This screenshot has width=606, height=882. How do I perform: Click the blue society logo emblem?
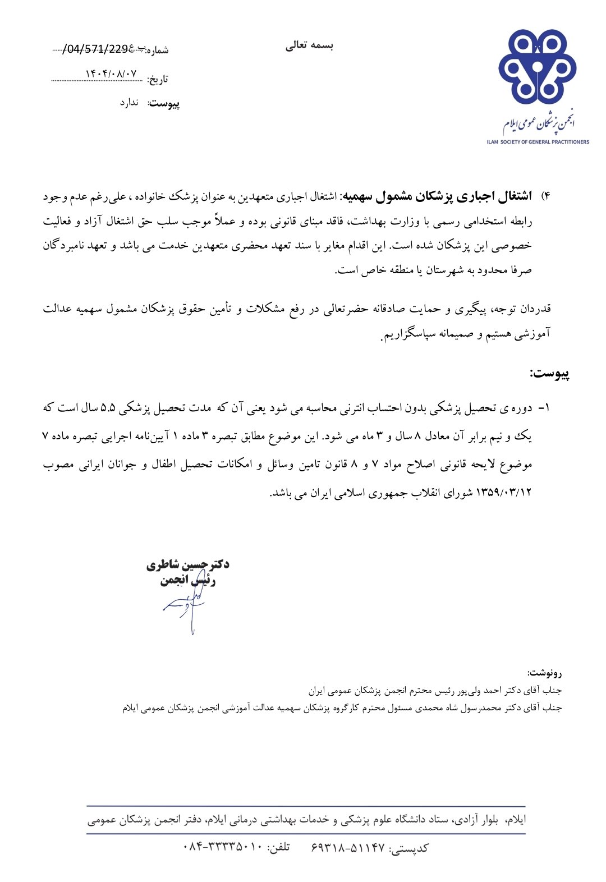coord(537,66)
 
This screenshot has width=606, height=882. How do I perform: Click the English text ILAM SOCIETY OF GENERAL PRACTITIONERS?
coord(538,142)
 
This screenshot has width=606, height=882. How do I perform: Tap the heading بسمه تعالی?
coord(309,46)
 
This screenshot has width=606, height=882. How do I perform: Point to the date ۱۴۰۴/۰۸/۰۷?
coord(111,74)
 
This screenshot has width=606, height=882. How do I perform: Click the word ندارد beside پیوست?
coord(129,103)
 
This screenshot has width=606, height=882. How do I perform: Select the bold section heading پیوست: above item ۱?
coord(549,374)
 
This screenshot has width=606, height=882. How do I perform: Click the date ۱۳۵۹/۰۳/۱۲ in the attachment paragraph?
coord(503,493)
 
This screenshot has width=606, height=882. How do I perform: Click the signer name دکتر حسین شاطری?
coord(188,564)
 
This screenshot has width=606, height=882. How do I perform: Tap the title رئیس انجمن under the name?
coord(188,580)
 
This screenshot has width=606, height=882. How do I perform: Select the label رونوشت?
coord(544,672)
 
